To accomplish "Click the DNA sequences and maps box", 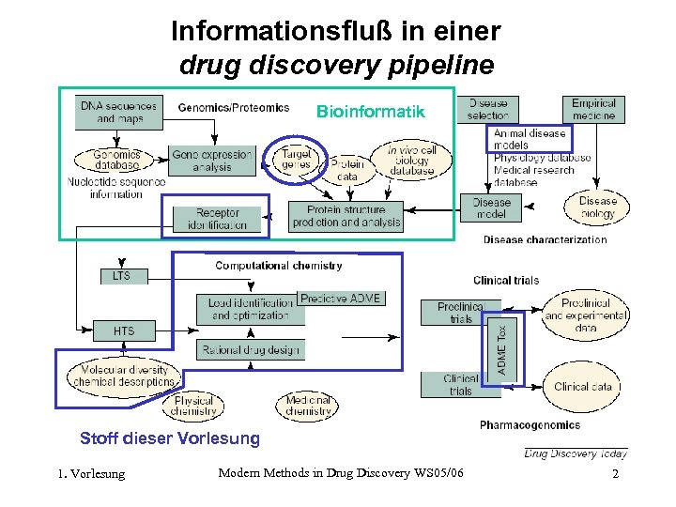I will pyautogui.click(x=118, y=112).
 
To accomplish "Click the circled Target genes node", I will pyautogui.click(x=297, y=159).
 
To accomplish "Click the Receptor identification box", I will pyautogui.click(x=218, y=220).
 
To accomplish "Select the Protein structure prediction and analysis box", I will pyautogui.click(x=346, y=216).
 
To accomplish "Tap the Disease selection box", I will pyautogui.click(x=487, y=109).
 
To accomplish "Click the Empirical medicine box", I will pyautogui.click(x=593, y=109).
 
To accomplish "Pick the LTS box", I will pyautogui.click(x=122, y=276).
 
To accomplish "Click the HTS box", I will pyautogui.click(x=123, y=330).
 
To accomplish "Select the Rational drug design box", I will pyautogui.click(x=250, y=350).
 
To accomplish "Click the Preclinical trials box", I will pyautogui.click(x=460, y=313).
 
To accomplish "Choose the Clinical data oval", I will pyautogui.click(x=583, y=386).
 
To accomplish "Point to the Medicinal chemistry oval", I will pyautogui.click(x=309, y=406).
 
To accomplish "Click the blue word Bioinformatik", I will pyautogui.click(x=370, y=112).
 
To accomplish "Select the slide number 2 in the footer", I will pyautogui.click(x=615, y=474).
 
